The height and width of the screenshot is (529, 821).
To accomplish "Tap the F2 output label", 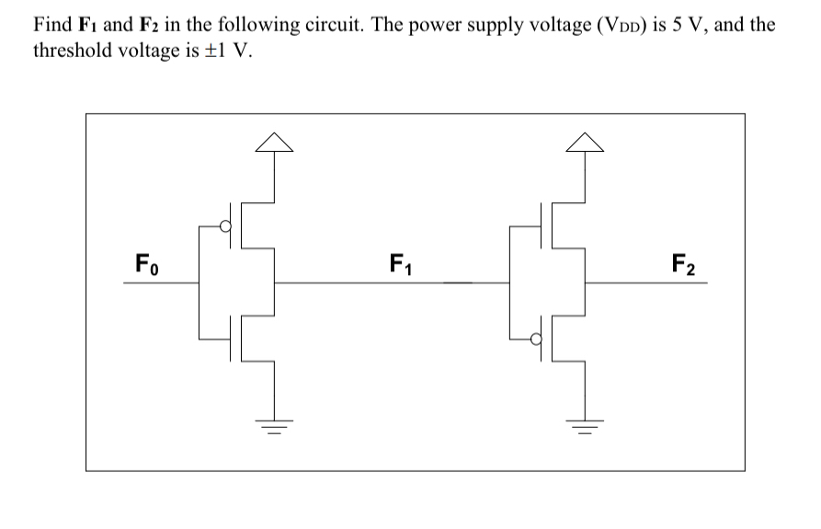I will (x=683, y=266).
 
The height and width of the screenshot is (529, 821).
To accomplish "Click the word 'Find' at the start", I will (x=51, y=25).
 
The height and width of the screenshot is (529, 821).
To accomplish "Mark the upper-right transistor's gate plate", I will (x=539, y=224).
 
